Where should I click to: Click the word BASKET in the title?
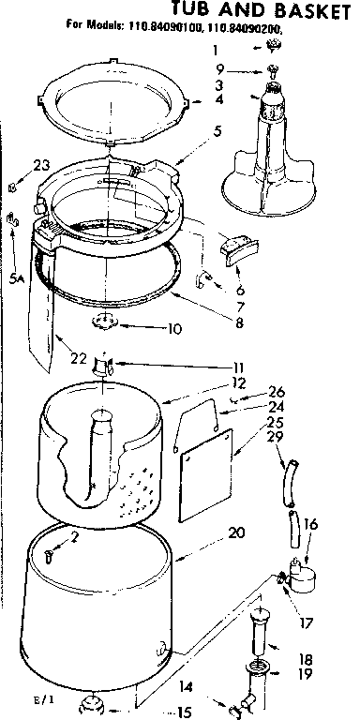point(304,11)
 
